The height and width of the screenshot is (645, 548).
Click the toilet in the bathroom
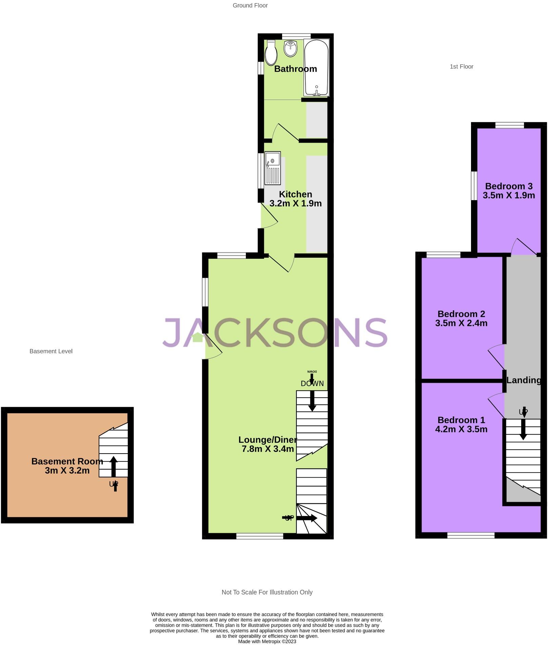[271, 53]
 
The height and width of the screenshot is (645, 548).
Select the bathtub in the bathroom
[316, 68]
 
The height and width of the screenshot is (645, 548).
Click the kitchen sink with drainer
[273, 168]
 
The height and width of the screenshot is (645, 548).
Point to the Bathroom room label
[295, 69]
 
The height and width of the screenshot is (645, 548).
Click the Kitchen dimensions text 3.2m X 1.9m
[295, 203]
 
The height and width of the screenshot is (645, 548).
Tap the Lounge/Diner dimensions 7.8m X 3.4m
[268, 449]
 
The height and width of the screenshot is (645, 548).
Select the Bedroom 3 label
[509, 186]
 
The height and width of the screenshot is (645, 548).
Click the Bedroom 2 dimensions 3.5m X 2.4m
[461, 323]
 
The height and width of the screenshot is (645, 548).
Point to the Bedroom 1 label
[461, 420]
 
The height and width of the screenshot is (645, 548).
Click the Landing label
[523, 380]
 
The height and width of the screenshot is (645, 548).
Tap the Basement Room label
[67, 461]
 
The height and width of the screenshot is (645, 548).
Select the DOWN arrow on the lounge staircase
[312, 401]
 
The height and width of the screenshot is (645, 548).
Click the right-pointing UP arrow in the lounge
[307, 518]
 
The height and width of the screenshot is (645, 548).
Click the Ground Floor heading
[250, 5]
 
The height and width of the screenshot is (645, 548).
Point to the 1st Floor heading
[462, 67]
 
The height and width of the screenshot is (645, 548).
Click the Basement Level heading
[51, 351]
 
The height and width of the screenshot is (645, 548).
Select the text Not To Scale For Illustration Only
[267, 592]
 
